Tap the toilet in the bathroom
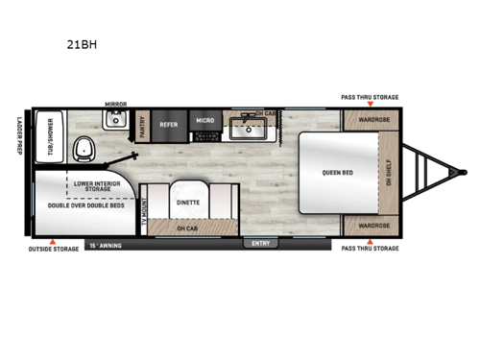[85, 149]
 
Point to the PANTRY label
[142, 127]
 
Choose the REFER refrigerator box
[169, 123]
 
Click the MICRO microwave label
[204, 122]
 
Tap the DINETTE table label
[188, 203]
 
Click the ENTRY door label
[261, 243]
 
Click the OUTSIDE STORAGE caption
[54, 249]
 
